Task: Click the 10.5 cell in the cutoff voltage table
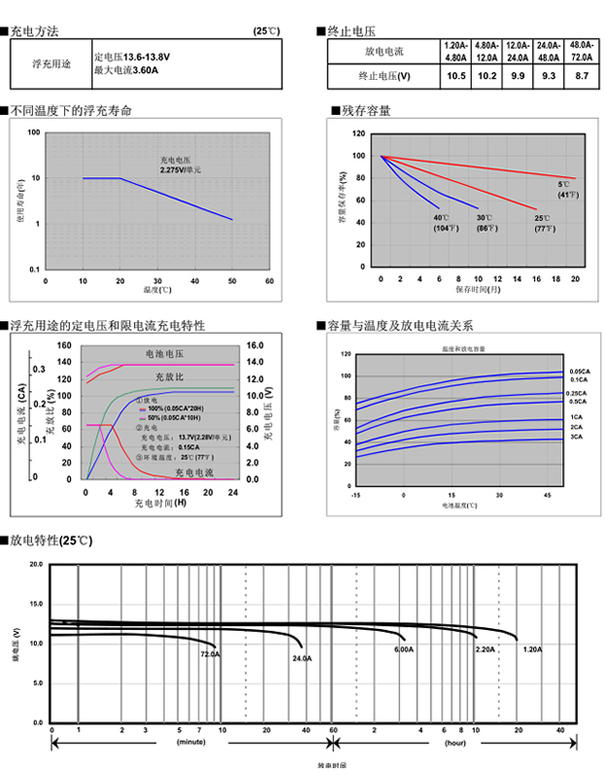[455, 75]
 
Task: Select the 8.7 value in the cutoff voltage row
[581, 75]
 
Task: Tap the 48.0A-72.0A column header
[581, 51]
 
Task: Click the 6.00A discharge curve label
[404, 648]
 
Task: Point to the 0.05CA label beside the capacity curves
[577, 371]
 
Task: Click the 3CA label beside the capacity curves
[576, 437]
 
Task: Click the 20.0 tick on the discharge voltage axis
[34, 565]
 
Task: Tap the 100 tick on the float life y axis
[34, 132]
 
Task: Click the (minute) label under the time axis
[191, 742]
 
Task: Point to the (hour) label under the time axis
[454, 742]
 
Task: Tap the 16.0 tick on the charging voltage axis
[257, 345]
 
